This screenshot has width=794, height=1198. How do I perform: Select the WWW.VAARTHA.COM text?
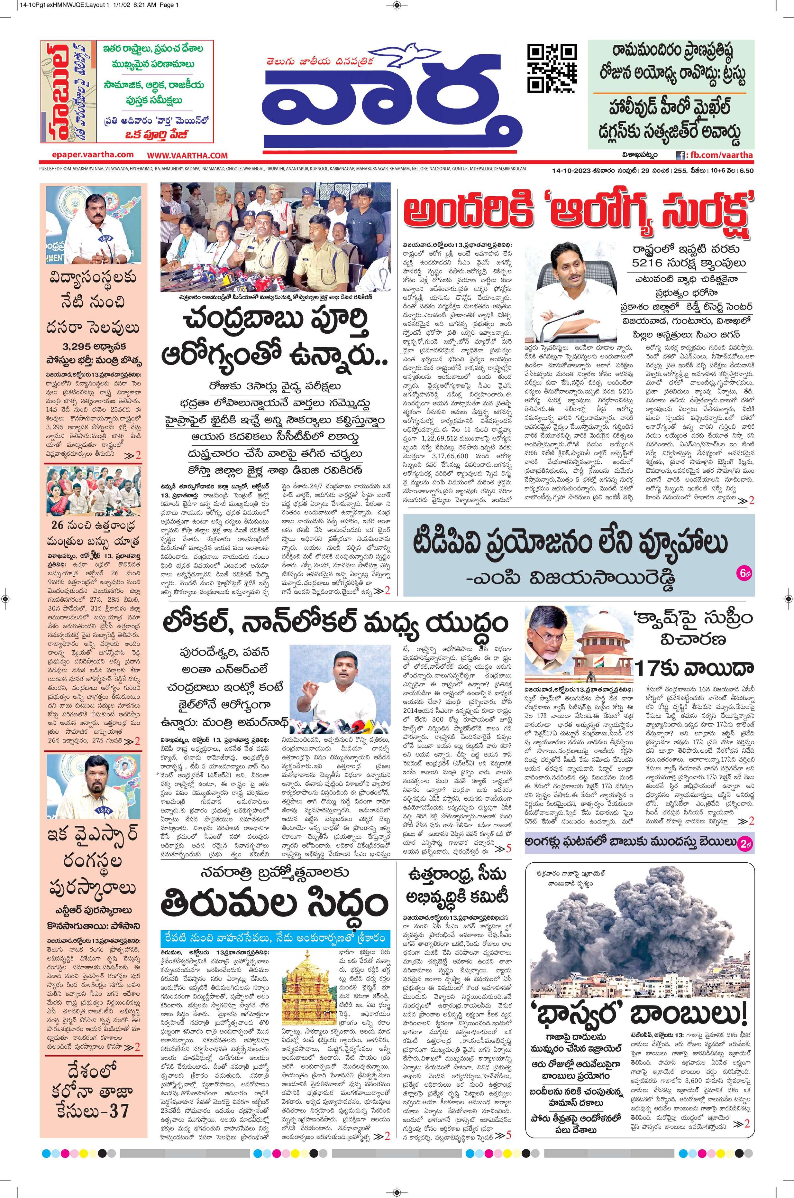[x=187, y=155]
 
